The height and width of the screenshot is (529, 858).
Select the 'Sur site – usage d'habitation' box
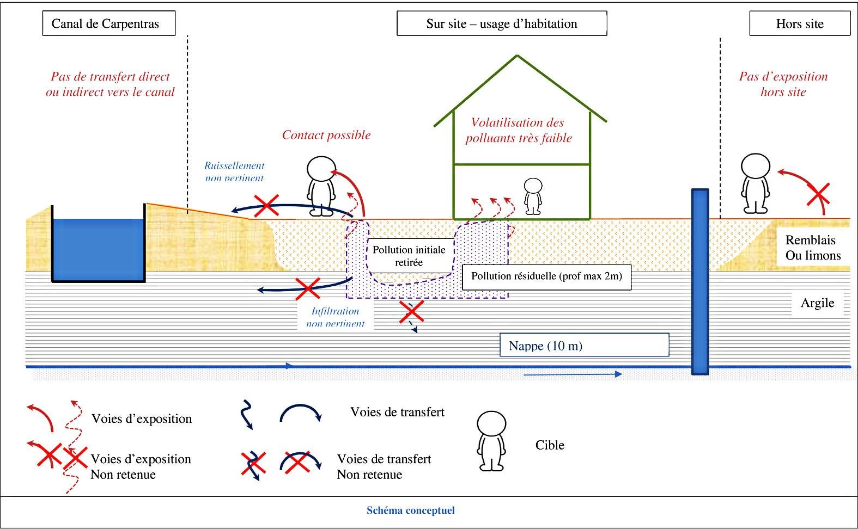coord(501,24)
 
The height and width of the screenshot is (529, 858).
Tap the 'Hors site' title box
coord(799,24)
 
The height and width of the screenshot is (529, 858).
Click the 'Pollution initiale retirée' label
coord(409,256)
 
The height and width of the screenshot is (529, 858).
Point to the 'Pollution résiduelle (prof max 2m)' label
coord(546,276)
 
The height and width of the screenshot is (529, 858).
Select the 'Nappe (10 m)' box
coord(583,346)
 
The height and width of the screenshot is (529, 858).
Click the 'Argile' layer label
coord(817,303)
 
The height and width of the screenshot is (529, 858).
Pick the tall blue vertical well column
coord(699,281)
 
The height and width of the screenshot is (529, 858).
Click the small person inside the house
coord(533,196)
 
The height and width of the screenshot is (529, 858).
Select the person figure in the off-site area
coord(755,183)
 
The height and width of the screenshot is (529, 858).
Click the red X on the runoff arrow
coord(266,205)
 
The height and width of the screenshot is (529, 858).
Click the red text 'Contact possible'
coord(326,135)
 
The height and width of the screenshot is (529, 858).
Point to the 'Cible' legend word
coord(549,445)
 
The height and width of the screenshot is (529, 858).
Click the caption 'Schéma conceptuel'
coord(410,510)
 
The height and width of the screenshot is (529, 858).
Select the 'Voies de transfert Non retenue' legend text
coord(384,466)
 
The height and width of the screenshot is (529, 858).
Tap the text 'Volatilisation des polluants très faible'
coord(518,130)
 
